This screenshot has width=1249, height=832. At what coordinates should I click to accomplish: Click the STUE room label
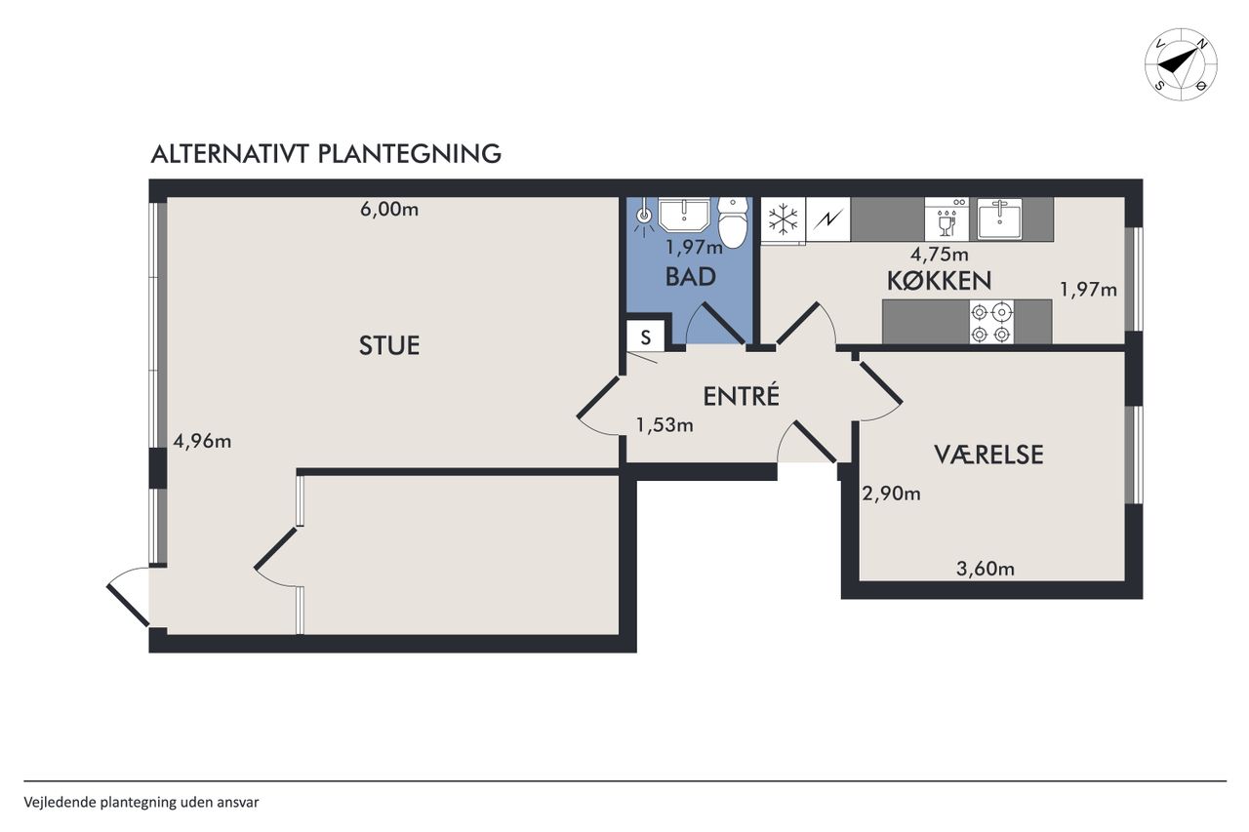point(389,345)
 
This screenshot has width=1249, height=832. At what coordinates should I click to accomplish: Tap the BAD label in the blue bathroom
point(690,277)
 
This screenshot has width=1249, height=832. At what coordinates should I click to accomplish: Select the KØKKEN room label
point(939,281)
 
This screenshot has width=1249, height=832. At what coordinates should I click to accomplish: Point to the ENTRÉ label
point(741,396)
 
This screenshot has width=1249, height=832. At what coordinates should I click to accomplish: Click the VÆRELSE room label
point(988,455)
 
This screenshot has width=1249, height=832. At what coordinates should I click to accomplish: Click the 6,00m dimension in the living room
point(389,210)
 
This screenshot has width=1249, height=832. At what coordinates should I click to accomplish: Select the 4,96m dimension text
point(202,441)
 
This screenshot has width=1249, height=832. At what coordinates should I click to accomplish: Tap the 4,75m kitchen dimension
point(939,255)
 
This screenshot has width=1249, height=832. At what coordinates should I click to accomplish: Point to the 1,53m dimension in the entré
point(665,425)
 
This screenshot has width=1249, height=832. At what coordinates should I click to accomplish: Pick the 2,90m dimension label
point(891,494)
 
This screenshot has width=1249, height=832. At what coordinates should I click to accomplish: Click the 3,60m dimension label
point(986,569)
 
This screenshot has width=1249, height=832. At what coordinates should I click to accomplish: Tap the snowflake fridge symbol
point(784,219)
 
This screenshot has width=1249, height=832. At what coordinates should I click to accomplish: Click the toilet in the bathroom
point(732,222)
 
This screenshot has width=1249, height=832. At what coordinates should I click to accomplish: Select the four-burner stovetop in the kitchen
point(991,322)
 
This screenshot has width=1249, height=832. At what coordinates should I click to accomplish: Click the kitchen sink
point(999,218)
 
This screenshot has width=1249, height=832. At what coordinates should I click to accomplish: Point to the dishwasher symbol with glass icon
point(947,219)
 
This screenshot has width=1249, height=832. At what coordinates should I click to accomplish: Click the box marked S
point(645,337)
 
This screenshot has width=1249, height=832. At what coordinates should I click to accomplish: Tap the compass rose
point(1181,64)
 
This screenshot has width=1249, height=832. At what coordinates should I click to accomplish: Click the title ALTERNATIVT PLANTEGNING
point(326,154)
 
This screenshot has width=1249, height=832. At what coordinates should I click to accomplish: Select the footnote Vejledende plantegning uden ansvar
point(141,803)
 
